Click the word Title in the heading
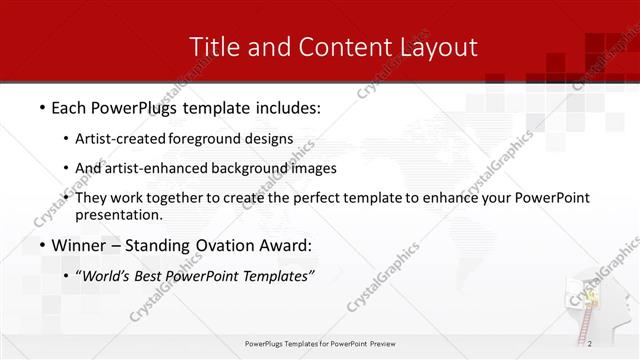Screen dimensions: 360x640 coord(213,47)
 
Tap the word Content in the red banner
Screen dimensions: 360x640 coord(328,47)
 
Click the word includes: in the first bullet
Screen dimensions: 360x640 coord(284,106)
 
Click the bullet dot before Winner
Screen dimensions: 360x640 coord(41,246)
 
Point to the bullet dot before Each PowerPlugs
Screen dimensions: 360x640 coord(41,107)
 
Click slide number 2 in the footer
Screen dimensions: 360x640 coord(591,345)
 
